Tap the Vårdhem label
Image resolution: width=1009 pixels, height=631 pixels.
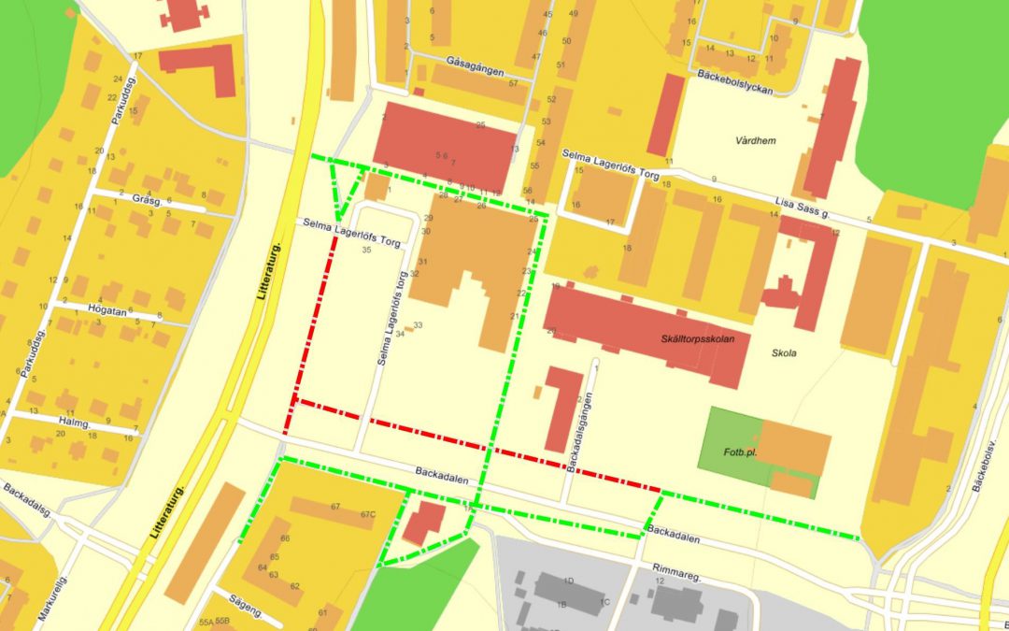coord(758,139)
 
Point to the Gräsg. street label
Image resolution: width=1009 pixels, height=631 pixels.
coord(148,200)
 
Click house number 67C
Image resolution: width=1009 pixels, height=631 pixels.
coord(366,513)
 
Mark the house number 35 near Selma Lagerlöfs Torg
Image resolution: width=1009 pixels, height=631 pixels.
coord(366,251)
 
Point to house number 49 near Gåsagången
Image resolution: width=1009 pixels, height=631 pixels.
coord(573,14)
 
